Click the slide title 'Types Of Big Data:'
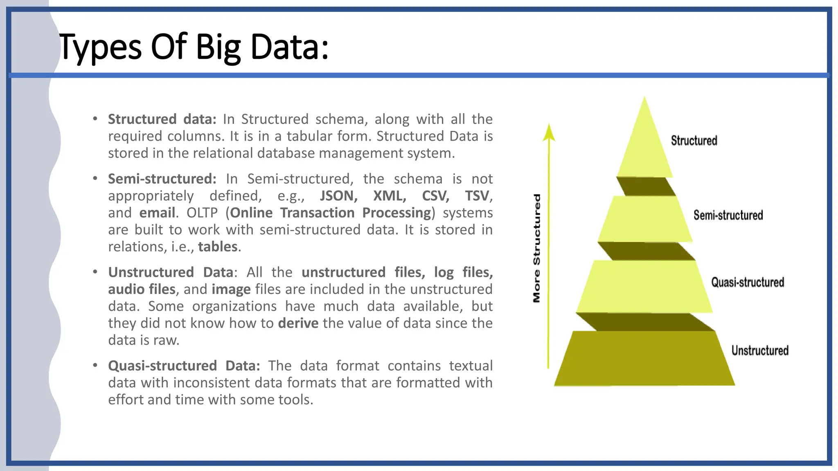coord(194,47)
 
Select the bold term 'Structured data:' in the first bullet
coord(162,119)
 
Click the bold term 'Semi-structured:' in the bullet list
coord(162,179)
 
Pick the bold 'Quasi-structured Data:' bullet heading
coord(184,366)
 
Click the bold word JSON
coord(338,196)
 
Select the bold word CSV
coord(435,196)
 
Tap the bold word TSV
coord(477,196)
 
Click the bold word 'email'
coord(157,213)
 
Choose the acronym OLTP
coord(202,213)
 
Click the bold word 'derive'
coord(298,323)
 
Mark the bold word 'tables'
coord(218,247)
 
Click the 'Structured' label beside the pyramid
coord(694,141)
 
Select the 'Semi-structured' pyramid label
coord(728,215)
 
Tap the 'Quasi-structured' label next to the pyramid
coord(748,282)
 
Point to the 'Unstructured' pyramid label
coord(760,350)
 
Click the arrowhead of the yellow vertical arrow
coord(549,133)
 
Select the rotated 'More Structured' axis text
coord(537,248)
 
